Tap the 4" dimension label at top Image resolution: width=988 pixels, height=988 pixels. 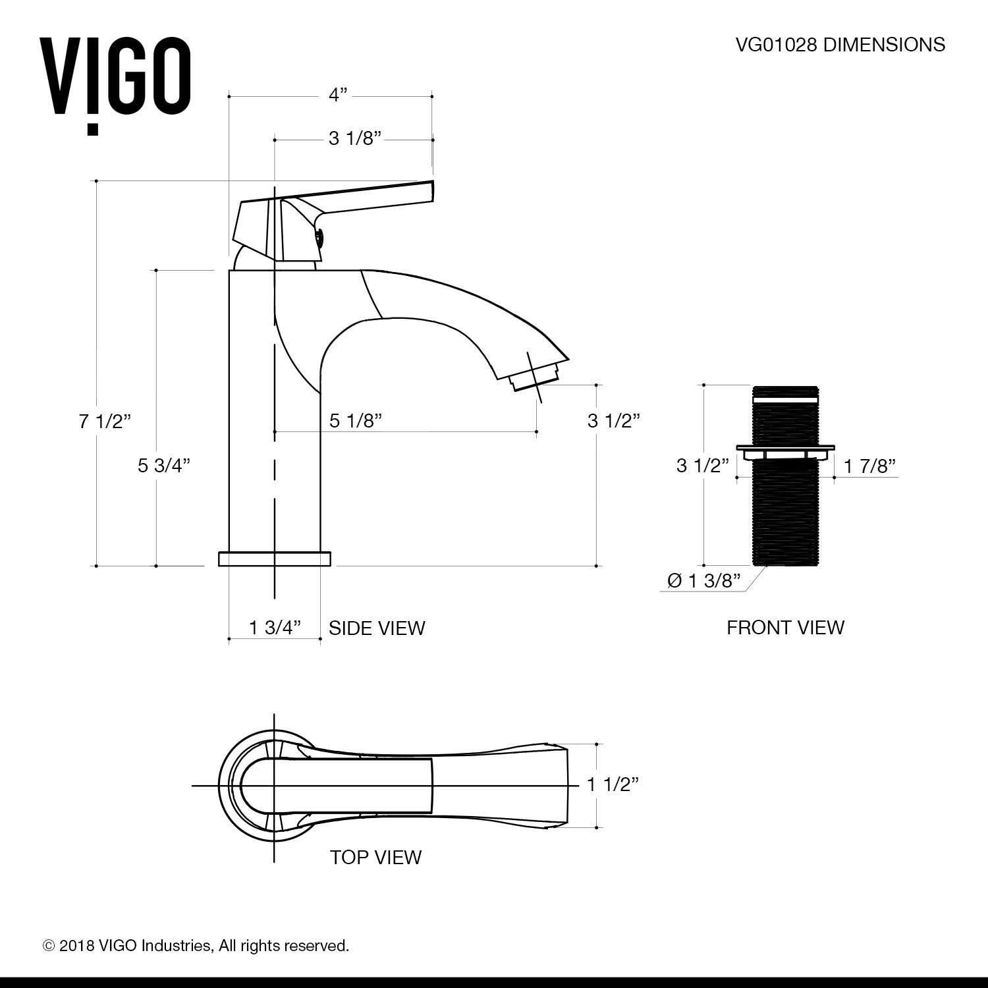tap(338, 96)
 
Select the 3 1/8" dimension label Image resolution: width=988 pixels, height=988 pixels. tap(356, 139)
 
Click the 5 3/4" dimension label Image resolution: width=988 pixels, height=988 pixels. tap(164, 465)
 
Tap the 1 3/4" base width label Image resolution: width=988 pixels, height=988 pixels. tap(275, 627)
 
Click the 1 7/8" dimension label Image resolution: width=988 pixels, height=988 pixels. tap(869, 466)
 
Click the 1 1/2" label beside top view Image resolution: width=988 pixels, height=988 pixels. tap(613, 784)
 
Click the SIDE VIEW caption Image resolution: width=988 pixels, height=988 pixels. tap(377, 628)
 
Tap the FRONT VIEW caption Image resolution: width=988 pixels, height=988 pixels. tap(785, 627)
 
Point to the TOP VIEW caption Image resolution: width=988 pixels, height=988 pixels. tap(375, 857)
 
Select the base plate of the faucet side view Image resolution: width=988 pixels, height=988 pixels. tap(274, 559)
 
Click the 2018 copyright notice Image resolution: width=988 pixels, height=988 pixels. tap(196, 946)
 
